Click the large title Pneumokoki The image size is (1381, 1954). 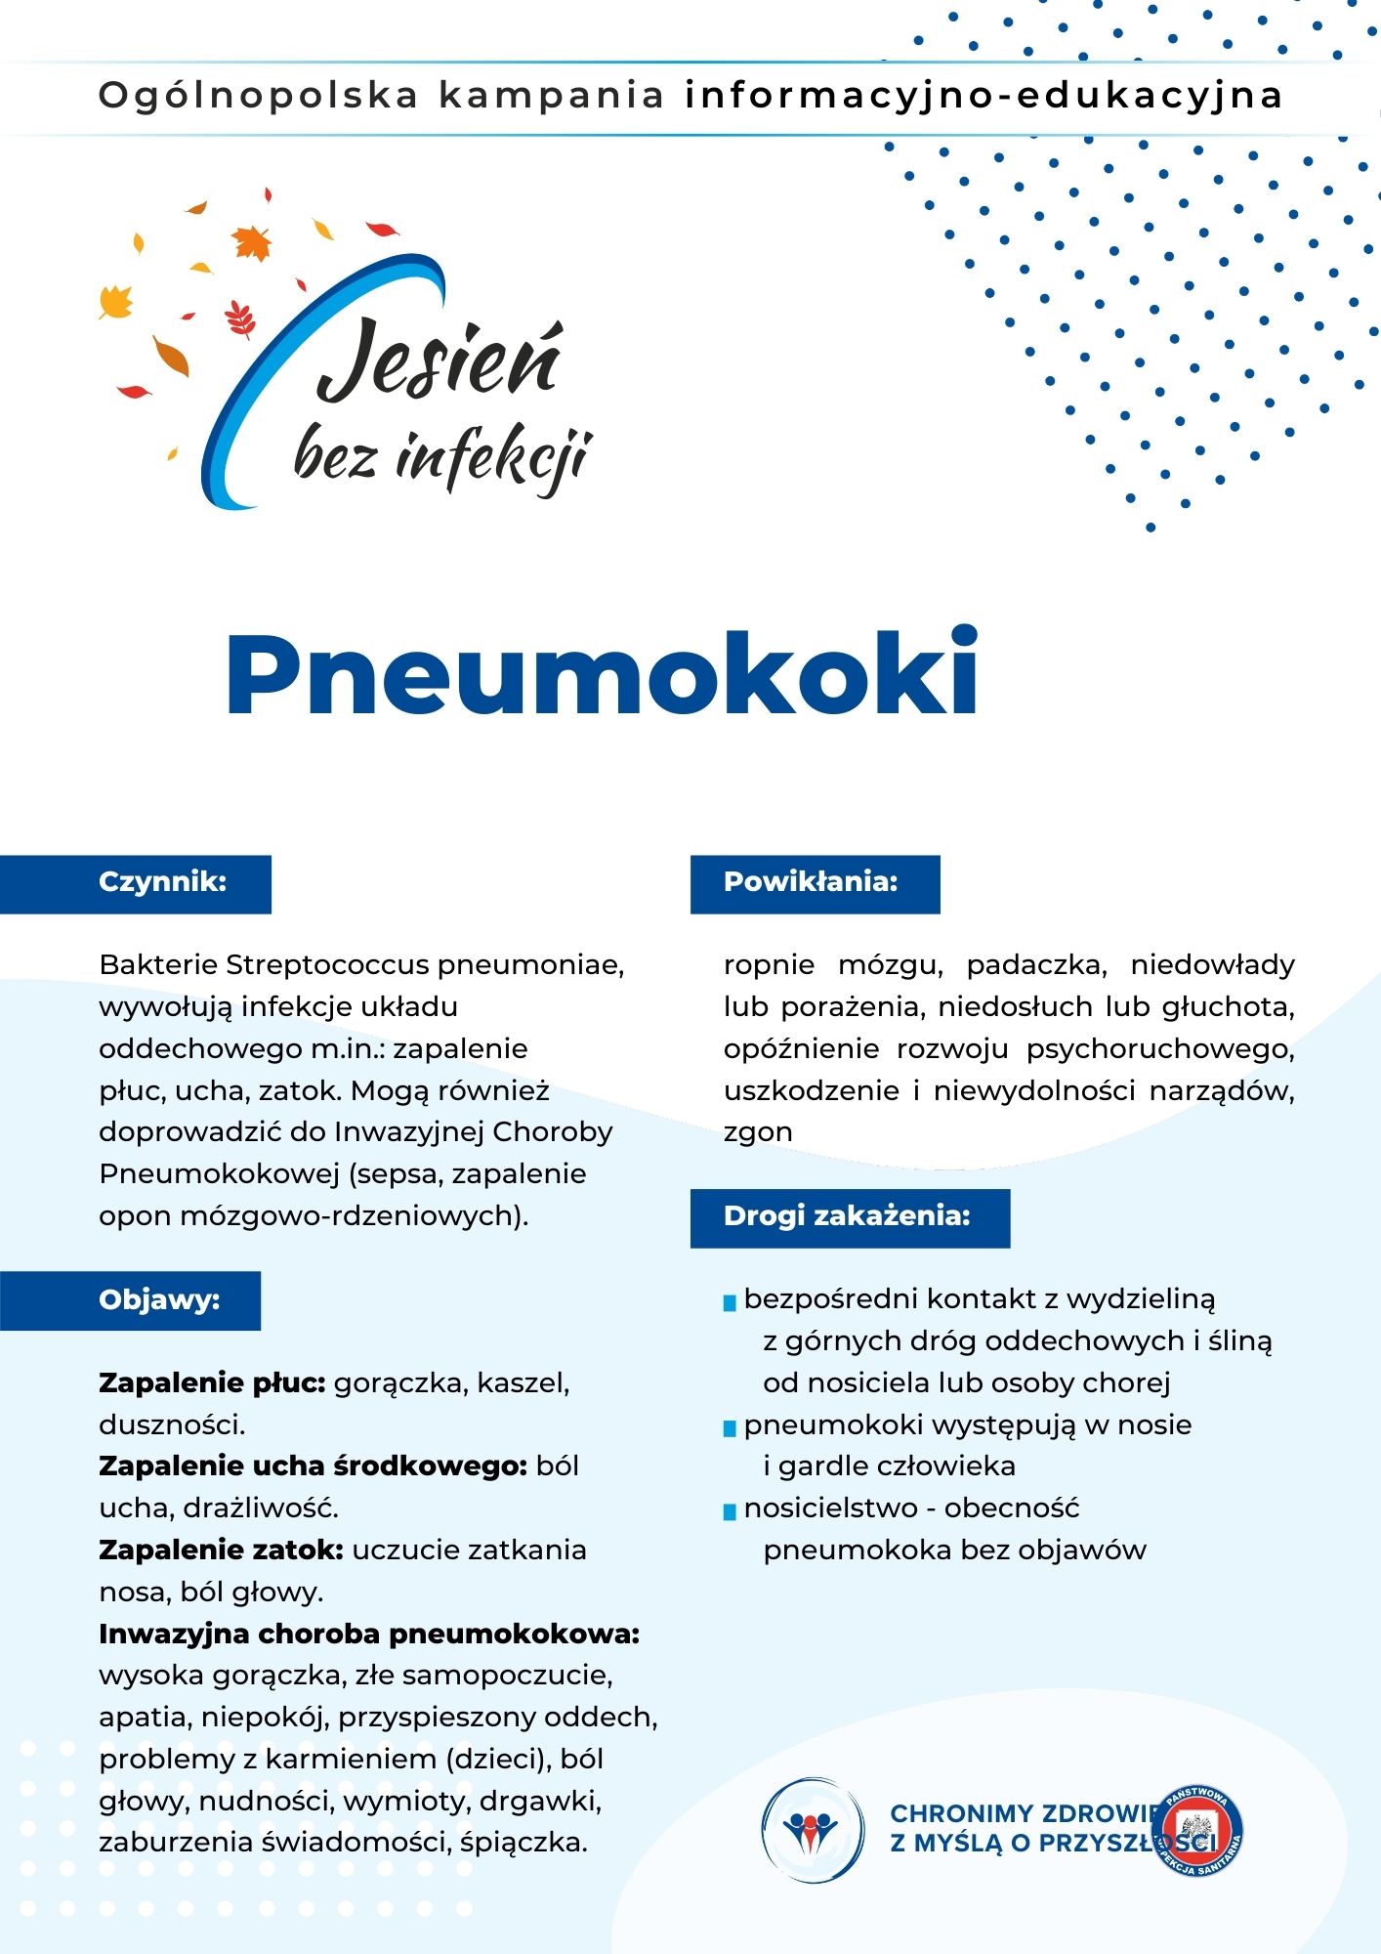(x=602, y=674)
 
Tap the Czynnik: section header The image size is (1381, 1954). (x=162, y=882)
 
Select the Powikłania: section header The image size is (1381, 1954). (x=811, y=882)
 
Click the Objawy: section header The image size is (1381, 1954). (x=159, y=1300)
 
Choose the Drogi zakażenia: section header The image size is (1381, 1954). (x=847, y=1216)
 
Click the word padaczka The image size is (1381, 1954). (x=1036, y=965)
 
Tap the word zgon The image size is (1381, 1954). (x=758, y=1132)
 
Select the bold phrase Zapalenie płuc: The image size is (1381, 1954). (x=212, y=1383)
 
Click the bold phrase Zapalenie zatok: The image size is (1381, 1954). (x=221, y=1550)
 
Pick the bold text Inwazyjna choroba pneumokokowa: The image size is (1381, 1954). (x=369, y=1634)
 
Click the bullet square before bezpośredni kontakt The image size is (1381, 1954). (x=730, y=1303)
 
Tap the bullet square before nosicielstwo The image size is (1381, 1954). (x=730, y=1512)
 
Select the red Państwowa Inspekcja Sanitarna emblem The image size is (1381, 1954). (x=1197, y=1830)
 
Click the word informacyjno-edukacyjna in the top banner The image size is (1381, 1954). (x=983, y=96)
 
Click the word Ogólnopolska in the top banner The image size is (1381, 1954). (x=259, y=96)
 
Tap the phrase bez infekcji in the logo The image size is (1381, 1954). (x=442, y=457)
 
